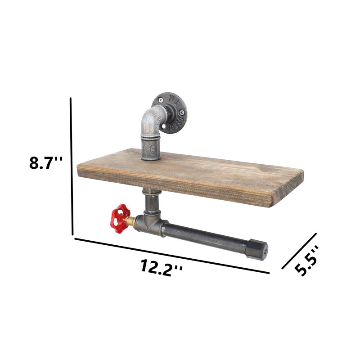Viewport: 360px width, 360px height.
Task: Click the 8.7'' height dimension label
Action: pyautogui.click(x=46, y=162)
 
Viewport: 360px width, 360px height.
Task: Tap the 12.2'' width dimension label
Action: pyautogui.click(x=162, y=268)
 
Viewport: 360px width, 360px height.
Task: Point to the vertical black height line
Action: pyautogui.click(x=72, y=166)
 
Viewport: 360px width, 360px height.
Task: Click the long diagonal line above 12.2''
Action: pyautogui.click(x=172, y=256)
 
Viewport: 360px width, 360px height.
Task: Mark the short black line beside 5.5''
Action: pyautogui.click(x=299, y=251)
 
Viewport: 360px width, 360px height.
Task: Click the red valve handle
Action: pyautogui.click(x=120, y=219)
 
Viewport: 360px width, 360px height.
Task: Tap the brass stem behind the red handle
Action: pyautogui.click(x=130, y=221)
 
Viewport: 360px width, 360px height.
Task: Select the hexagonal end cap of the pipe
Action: pyautogui.click(x=256, y=250)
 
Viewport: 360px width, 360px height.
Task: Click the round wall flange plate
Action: pyautogui.click(x=170, y=113)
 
